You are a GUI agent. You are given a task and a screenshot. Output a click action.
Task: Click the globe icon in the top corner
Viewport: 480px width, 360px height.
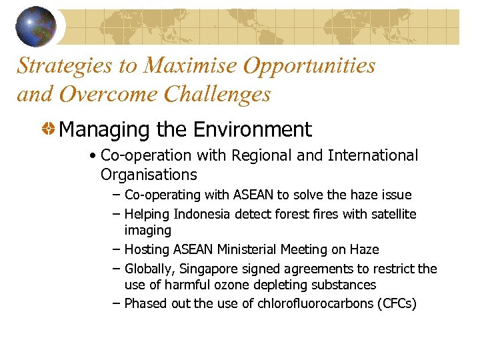point(35,26)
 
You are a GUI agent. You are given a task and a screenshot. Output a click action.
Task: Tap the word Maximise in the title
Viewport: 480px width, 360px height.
point(193,66)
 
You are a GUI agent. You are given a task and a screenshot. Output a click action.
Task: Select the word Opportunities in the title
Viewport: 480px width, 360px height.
point(310,66)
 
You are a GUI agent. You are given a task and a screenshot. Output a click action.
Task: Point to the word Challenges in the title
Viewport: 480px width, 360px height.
point(217,94)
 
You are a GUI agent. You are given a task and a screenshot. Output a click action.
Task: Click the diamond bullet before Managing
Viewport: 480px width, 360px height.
point(49,129)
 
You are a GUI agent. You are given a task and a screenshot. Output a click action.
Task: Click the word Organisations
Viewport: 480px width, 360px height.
point(149,175)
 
